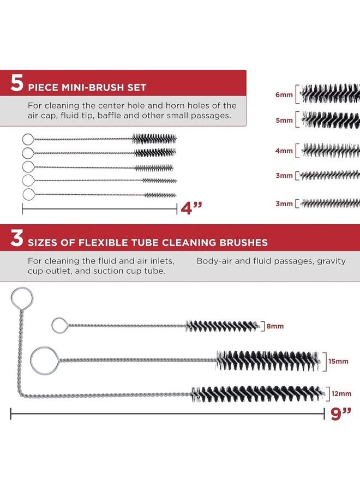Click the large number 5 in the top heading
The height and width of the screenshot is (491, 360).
[17, 83]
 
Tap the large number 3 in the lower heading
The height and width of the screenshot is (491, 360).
[17, 238]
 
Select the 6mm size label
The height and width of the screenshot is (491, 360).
[284, 94]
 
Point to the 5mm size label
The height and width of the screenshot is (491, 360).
[284, 120]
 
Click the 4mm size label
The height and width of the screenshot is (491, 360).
[284, 151]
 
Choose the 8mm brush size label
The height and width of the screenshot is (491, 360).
[275, 326]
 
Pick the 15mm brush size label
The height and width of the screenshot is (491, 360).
[338, 361]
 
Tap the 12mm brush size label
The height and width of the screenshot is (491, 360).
[341, 393]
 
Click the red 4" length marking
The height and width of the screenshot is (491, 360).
[191, 208]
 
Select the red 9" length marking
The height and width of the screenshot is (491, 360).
[341, 414]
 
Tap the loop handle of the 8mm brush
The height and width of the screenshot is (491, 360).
[52, 326]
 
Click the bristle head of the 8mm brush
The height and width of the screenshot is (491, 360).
[223, 326]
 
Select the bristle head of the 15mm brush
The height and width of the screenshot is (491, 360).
[268, 361]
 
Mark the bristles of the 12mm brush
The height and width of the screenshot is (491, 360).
[258, 394]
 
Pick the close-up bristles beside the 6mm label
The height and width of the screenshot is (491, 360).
[330, 94]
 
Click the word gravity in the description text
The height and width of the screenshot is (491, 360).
[331, 261]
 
